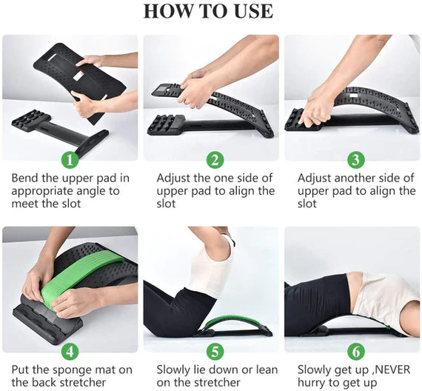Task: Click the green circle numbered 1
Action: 70,160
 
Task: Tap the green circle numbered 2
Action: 215,160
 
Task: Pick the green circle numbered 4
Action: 70,351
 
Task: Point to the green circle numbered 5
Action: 215,351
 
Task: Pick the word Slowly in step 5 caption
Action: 175,369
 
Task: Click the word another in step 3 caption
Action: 348,178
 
